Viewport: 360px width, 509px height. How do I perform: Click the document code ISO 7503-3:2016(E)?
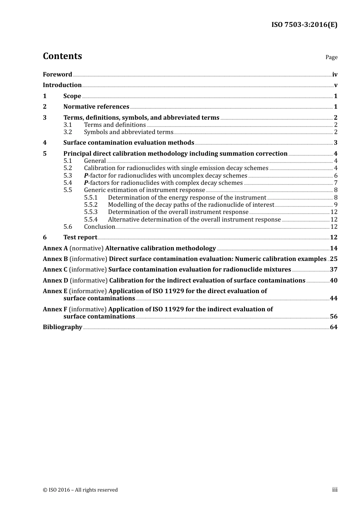304,25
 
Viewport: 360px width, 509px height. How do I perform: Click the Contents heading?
62,56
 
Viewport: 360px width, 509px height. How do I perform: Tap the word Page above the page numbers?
331,57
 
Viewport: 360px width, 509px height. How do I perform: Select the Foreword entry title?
57,75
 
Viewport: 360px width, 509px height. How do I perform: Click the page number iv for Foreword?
335,75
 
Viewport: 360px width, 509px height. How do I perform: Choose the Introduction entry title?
62,85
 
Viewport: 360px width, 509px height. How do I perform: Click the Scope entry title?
72,96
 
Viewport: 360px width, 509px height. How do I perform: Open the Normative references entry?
96,107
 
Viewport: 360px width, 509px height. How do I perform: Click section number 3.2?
68,132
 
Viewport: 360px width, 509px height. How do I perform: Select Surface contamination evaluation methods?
128,143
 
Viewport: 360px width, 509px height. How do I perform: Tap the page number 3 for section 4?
335,143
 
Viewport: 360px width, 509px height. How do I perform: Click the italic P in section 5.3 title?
86,176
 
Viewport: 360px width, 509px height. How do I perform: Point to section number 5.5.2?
91,205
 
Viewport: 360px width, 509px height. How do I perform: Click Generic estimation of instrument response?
144,190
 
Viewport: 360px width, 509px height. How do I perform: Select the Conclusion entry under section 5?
99,227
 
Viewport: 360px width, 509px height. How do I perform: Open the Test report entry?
80,237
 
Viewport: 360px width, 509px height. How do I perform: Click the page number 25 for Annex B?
333,259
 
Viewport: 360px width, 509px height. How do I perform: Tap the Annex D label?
55,281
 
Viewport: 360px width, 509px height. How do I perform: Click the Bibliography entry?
63,327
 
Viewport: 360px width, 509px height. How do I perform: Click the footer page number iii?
335,490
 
